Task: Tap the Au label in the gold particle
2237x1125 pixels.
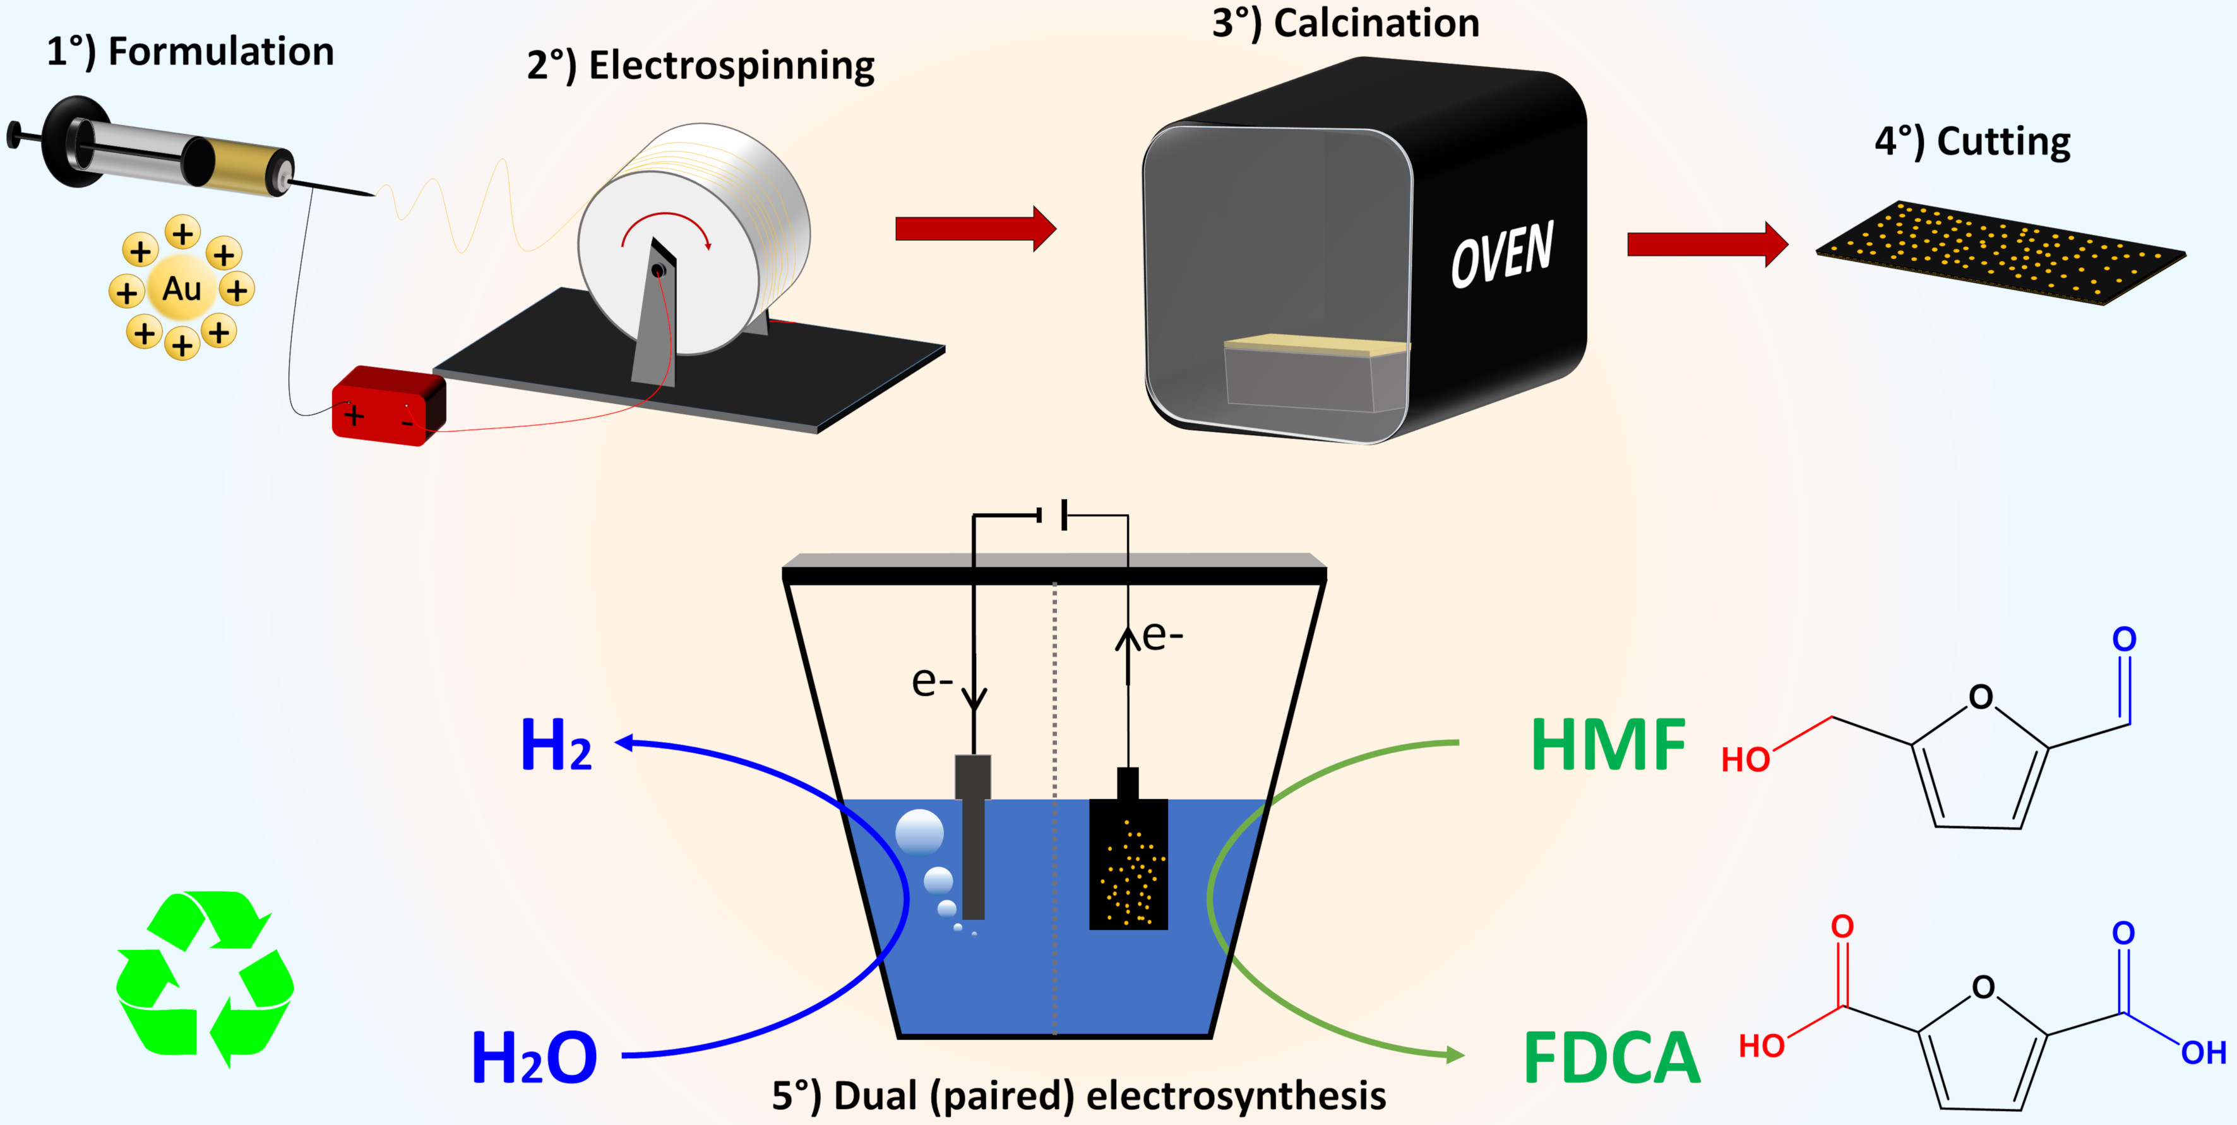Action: [181, 289]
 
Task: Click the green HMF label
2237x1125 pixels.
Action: [1608, 745]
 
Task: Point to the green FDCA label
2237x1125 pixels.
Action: [1612, 1057]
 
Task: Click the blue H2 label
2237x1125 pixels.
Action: [556, 745]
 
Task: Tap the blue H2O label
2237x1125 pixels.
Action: [534, 1057]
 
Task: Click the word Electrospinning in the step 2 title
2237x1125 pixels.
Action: [731, 66]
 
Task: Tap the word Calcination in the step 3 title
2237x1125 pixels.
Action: [1376, 23]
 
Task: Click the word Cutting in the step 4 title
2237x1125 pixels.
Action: [2003, 141]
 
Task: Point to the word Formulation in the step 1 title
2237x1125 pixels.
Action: [220, 52]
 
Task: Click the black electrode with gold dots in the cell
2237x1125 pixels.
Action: [1128, 863]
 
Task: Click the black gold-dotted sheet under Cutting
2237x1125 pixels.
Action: [2000, 252]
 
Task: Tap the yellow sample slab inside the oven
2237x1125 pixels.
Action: [1316, 345]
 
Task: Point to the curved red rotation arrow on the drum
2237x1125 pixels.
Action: [666, 227]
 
